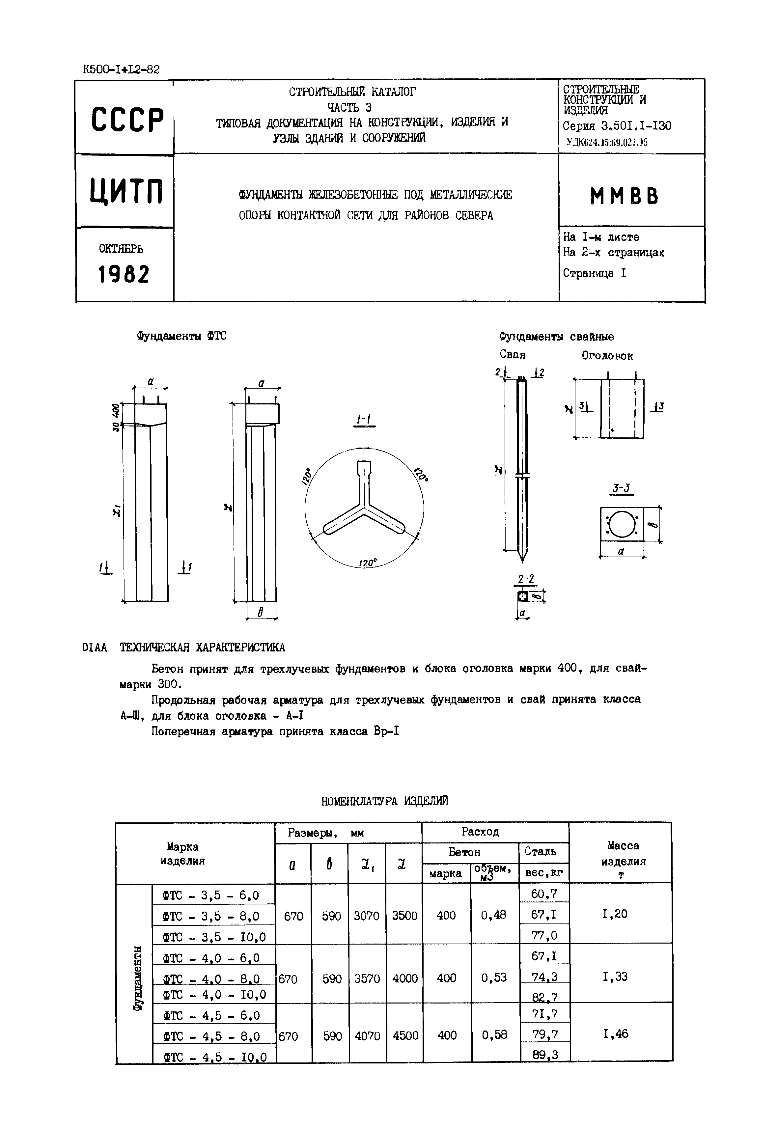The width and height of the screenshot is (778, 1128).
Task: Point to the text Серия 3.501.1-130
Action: click(x=617, y=126)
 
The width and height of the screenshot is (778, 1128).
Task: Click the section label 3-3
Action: click(x=622, y=488)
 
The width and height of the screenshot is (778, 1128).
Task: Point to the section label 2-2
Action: click(x=525, y=579)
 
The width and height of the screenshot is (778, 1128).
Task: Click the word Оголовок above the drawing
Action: click(x=607, y=356)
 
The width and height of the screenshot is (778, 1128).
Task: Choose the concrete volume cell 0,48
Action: click(x=493, y=915)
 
